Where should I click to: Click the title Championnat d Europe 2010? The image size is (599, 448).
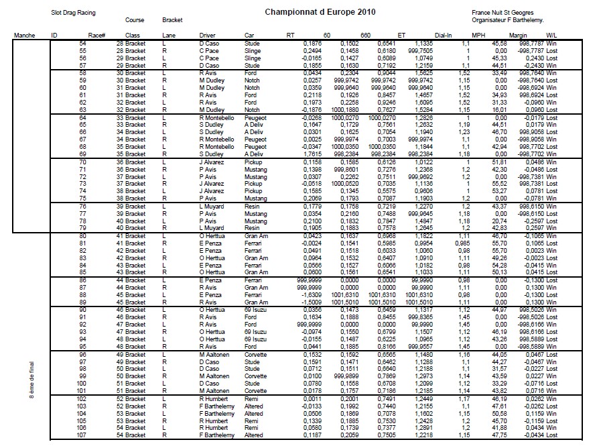click(x=320, y=12)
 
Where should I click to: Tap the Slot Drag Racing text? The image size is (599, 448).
click(x=74, y=12)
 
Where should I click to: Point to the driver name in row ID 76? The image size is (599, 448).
click(x=211, y=207)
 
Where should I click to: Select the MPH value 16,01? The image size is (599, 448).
click(x=496, y=109)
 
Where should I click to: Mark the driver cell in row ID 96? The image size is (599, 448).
click(x=213, y=354)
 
